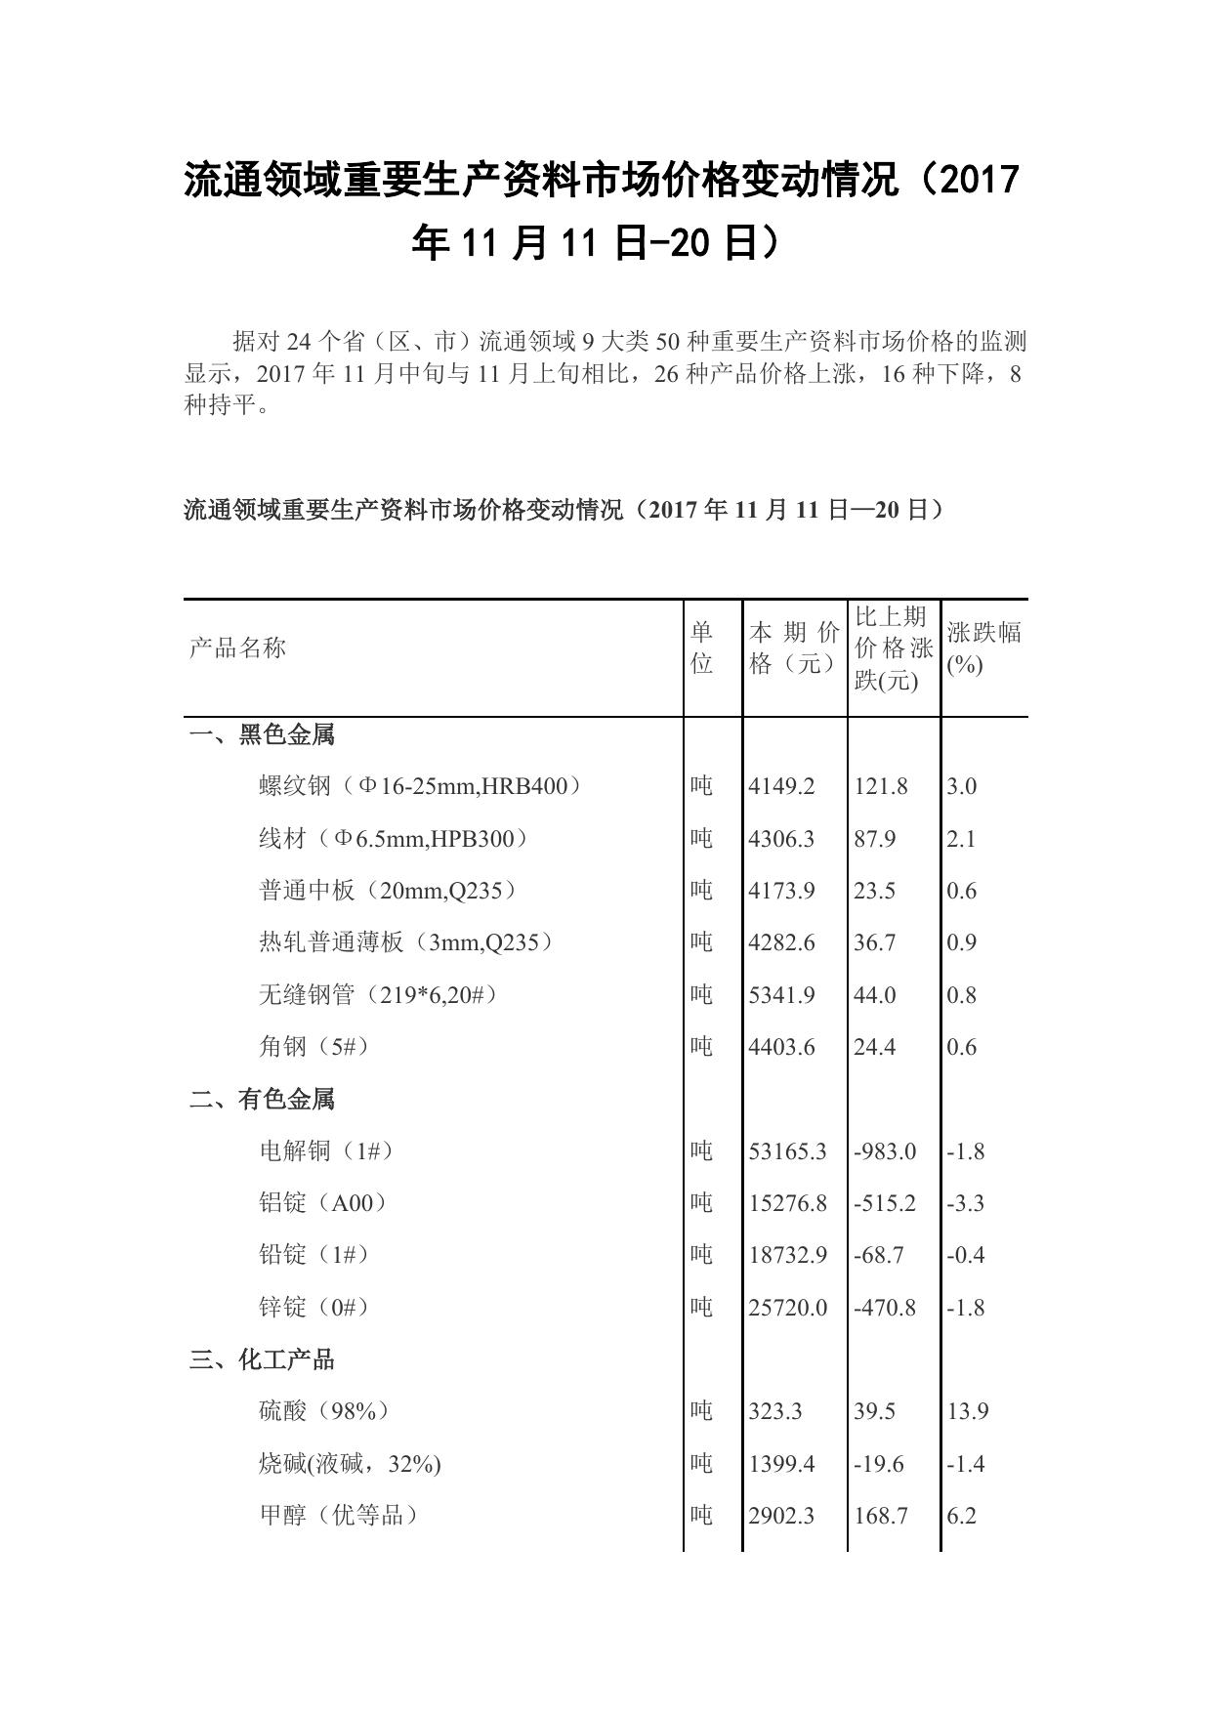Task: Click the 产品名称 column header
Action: [x=237, y=648]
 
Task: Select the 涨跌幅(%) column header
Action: [x=982, y=648]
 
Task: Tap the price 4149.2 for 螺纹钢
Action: [x=781, y=786]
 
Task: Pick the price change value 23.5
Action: [x=875, y=891]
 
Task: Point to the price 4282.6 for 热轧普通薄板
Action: [x=781, y=942]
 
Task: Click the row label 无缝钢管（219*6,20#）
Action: [x=378, y=994]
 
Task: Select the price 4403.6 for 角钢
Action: [x=781, y=1047]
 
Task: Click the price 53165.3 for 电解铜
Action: [x=787, y=1151]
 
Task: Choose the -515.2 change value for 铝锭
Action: [x=885, y=1203]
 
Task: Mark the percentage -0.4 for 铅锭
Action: [x=965, y=1255]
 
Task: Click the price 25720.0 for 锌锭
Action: [x=787, y=1308]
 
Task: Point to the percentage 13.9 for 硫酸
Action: [x=967, y=1411]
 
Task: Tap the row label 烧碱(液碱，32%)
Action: [x=350, y=1464]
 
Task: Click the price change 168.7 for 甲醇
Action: [x=881, y=1516]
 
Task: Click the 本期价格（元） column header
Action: [x=793, y=648]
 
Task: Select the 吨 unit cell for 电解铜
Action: [x=701, y=1151]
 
